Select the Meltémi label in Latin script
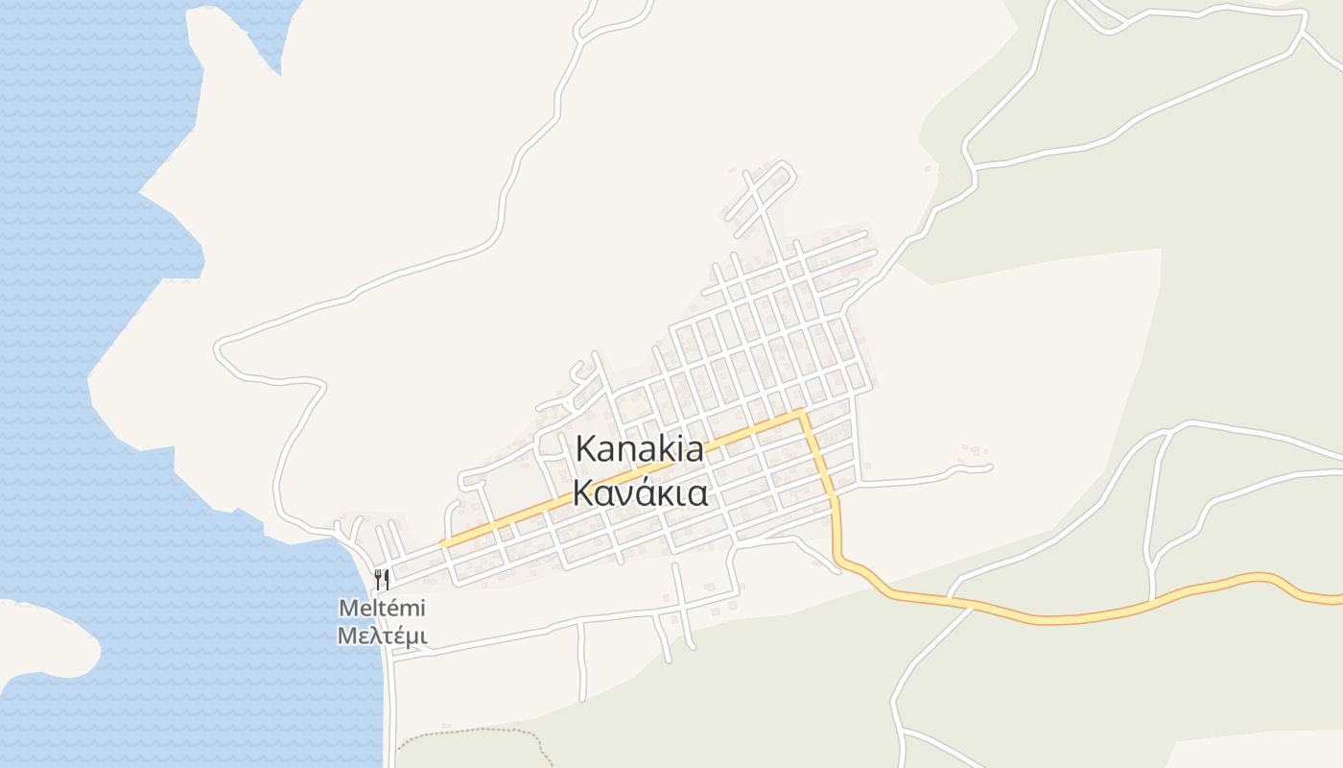pyautogui.click(x=382, y=609)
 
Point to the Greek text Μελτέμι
pyautogui.click(x=382, y=636)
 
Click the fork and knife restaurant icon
pyautogui.click(x=382, y=579)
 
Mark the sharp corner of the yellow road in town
pyautogui.click(x=801, y=413)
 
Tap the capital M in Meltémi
pyautogui.click(x=346, y=609)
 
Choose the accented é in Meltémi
pyautogui.click(x=395, y=609)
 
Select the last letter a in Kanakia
pyautogui.click(x=694, y=451)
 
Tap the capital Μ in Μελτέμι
pyautogui.click(x=345, y=636)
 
